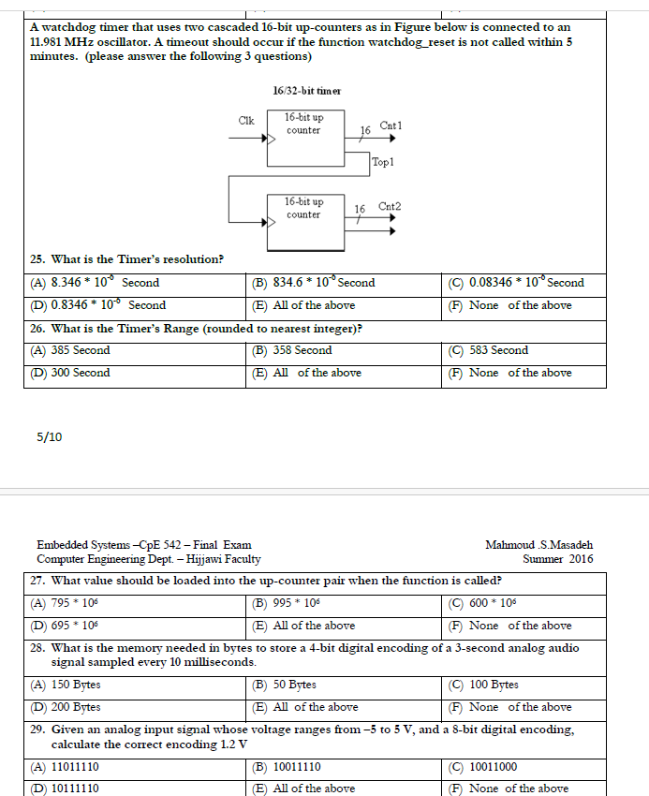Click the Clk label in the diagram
(x=246, y=121)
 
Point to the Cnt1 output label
(x=391, y=125)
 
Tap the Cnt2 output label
(x=390, y=206)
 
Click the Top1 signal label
(x=383, y=162)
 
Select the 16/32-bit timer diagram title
(x=306, y=91)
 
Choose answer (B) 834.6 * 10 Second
(x=314, y=283)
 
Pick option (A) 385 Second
(x=70, y=350)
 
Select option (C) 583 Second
(x=488, y=350)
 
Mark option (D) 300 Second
(x=70, y=373)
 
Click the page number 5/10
(x=49, y=436)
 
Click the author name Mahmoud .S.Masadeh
(x=538, y=545)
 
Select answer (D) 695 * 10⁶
(x=65, y=626)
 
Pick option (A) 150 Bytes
(x=66, y=685)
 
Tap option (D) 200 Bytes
(x=66, y=708)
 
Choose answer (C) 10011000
(x=486, y=767)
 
